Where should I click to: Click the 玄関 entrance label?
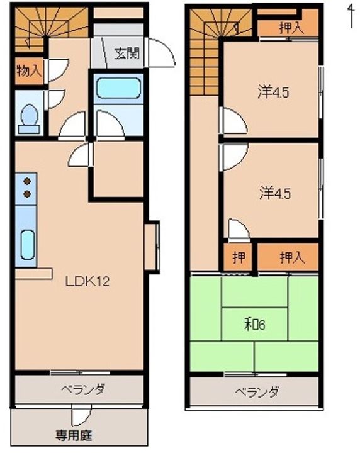(x=127, y=53)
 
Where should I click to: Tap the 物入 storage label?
(x=29, y=70)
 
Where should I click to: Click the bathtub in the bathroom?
(x=118, y=87)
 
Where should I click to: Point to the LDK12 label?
(x=88, y=282)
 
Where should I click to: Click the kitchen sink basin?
(x=27, y=244)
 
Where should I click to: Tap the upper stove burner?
(x=27, y=181)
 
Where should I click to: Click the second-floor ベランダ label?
(x=257, y=393)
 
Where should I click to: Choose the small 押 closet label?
(x=238, y=257)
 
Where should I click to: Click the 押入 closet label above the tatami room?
(x=291, y=257)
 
